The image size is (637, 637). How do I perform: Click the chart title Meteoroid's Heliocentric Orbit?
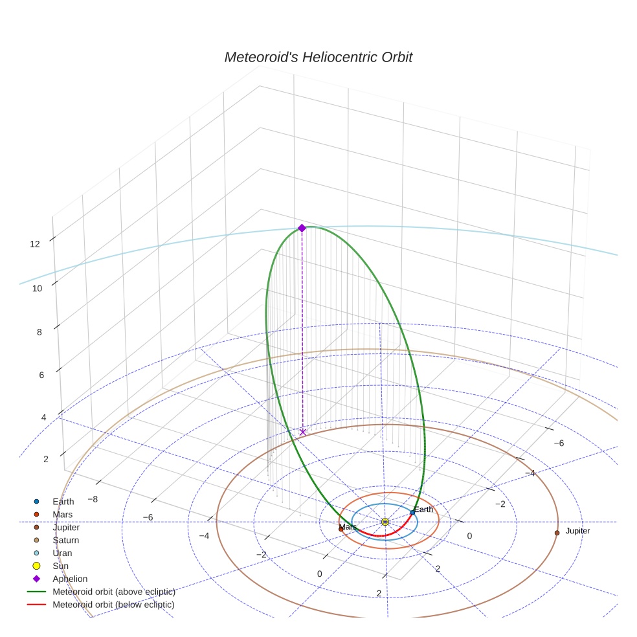[318, 57]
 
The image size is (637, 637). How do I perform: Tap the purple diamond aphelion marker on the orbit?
[302, 228]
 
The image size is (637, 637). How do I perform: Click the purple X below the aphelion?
[303, 432]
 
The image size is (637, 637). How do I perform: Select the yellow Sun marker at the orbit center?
[385, 522]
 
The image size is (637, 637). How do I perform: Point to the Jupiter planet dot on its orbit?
[557, 533]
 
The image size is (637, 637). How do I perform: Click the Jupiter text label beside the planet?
[577, 531]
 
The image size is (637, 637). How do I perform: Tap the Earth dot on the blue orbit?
[412, 513]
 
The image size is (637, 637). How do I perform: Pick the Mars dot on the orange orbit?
[341, 529]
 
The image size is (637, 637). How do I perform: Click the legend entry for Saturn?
[65, 540]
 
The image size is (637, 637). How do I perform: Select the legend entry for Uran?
[62, 553]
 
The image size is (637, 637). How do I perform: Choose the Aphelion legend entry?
[69, 579]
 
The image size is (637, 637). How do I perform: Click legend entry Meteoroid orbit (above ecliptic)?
[113, 592]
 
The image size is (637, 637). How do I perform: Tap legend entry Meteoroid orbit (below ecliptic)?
[113, 605]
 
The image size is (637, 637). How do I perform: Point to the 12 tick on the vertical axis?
[35, 244]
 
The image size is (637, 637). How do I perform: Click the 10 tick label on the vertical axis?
[38, 288]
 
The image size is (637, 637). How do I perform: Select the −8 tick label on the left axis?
[93, 499]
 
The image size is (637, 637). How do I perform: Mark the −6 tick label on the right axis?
[559, 443]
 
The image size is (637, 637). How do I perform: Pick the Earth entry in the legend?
[63, 501]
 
